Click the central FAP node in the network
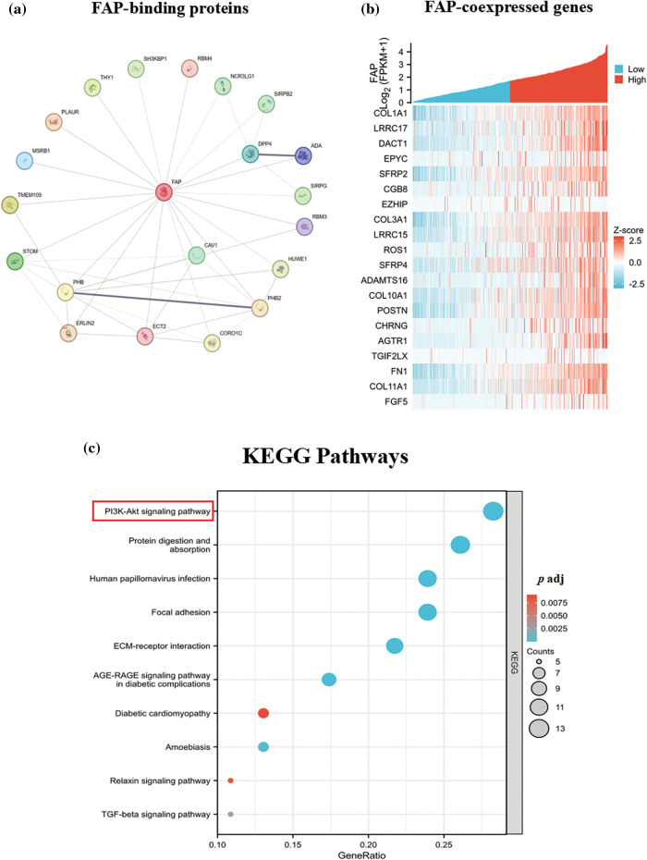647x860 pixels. (165, 192)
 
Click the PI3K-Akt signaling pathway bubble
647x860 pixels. (493, 511)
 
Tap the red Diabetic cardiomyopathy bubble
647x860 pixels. (263, 713)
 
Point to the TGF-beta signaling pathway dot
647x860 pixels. (231, 814)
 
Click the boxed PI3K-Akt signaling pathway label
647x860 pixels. (153, 511)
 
